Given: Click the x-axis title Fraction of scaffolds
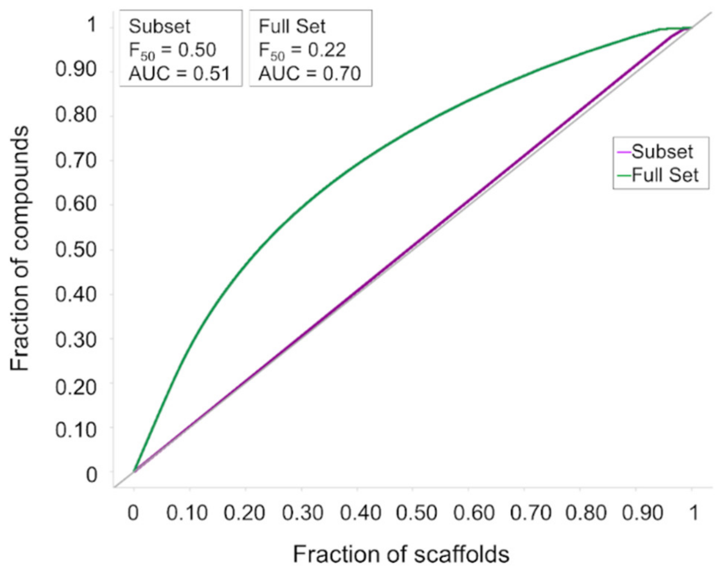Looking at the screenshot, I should coord(401,554).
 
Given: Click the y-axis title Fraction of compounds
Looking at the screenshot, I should coord(20,249).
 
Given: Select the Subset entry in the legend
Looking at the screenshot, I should coord(662,151).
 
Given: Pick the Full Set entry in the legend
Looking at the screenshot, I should coord(665,175).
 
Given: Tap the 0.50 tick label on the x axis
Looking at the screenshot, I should coord(416,513).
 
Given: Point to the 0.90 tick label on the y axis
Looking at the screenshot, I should coord(76,70).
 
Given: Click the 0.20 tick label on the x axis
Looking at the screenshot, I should coord(244,513).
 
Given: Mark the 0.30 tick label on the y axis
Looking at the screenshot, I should coord(76,340).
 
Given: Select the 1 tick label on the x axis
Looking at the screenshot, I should coord(694,513).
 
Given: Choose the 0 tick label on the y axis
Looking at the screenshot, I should coord(91,475).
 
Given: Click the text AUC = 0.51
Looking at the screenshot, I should coord(179,74).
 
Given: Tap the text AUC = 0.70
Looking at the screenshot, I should coord(310,74).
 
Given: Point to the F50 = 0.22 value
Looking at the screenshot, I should coord(302,50).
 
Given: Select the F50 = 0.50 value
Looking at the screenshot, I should coord(172,50).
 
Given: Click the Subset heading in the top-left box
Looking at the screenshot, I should coord(159,27).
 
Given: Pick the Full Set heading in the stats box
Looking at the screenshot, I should coord(292,27).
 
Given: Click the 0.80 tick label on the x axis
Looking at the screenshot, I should coord(586,513).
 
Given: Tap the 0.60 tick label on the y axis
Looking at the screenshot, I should coord(76,204).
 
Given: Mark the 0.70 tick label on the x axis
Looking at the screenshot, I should coord(530,513).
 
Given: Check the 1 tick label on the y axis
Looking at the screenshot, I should coord(91,25).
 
